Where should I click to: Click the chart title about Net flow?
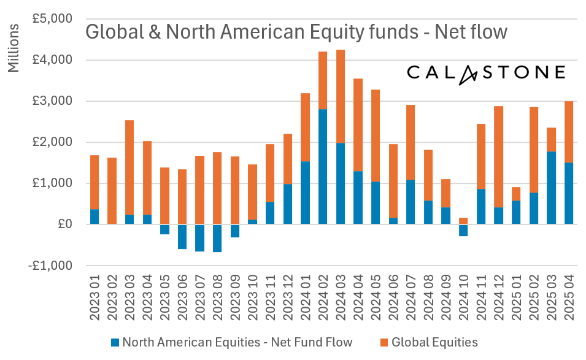point(296,31)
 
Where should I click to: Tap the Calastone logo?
point(486,73)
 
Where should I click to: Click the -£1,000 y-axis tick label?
point(51,266)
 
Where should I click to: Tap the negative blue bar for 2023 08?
point(217,238)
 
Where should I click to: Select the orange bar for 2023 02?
point(112,191)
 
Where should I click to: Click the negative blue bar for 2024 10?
point(463,230)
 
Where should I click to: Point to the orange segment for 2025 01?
point(517,194)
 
